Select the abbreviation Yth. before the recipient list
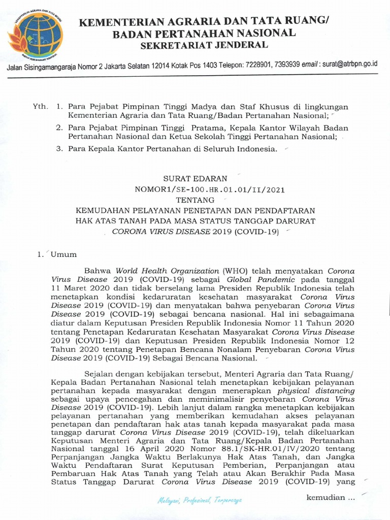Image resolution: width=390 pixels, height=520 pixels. (x=39, y=107)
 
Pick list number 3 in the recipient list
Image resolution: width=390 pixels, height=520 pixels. (x=59, y=149)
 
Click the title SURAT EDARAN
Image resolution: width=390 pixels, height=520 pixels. (x=195, y=179)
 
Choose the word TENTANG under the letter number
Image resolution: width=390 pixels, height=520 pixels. (x=195, y=200)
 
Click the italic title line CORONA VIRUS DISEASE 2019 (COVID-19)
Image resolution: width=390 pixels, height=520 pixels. (x=196, y=231)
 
